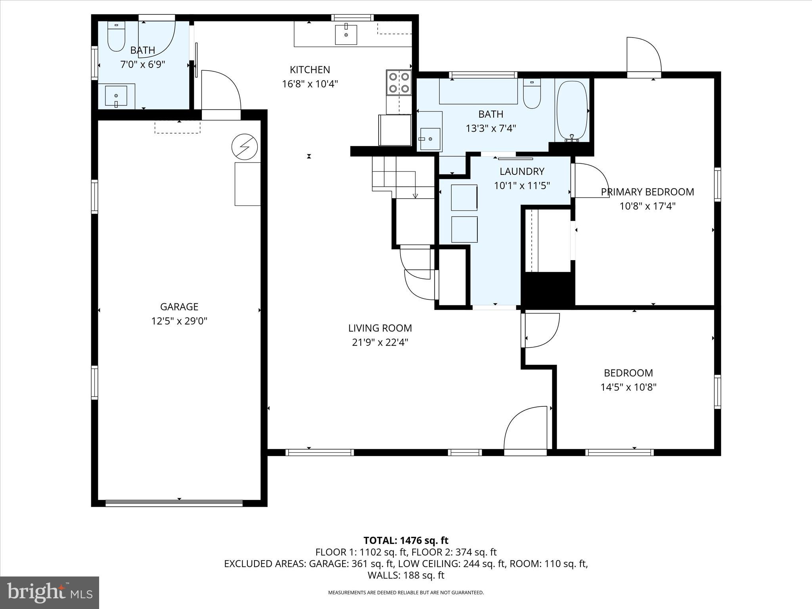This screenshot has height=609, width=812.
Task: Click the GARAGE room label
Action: pos(179,306)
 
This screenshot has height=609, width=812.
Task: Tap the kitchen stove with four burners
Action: pos(399,82)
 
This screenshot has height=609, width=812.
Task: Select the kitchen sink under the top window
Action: pos(346,34)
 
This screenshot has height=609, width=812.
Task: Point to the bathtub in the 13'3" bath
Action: pos(571,111)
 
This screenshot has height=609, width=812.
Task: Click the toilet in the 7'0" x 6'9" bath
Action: pos(116,36)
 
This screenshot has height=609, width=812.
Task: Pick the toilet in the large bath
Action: pos(532,94)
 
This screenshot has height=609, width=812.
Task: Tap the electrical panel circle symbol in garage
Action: pos(245,147)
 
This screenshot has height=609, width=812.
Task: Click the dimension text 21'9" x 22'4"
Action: pos(380,342)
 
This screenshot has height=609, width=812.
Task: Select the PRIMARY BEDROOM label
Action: pos(647,192)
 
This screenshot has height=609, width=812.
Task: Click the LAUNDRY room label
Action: pos(522,171)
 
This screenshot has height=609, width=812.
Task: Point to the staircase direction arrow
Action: pos(415,195)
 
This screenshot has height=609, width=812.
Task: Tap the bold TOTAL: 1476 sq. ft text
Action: pos(406,540)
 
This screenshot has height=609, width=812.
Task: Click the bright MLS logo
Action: pos(50,593)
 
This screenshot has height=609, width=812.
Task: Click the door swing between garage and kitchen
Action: pos(221,90)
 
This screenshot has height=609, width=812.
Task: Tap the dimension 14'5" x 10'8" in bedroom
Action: pos(628,387)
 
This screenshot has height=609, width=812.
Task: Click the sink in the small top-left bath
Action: pos(116,96)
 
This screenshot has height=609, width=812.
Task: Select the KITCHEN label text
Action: pos(310,70)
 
